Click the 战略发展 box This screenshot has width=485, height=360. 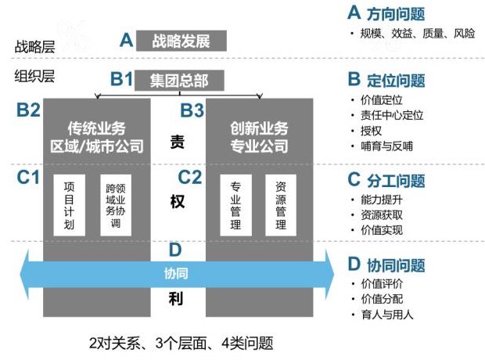181,40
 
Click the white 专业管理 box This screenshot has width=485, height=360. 235,206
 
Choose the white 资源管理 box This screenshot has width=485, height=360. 281,206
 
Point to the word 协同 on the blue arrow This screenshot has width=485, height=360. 175,274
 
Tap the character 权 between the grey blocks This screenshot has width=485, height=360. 176,201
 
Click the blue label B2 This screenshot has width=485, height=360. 28,110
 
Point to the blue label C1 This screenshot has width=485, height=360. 28,178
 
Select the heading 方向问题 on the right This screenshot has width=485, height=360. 396,13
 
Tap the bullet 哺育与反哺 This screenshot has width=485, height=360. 386,146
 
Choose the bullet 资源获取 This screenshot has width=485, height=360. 381,214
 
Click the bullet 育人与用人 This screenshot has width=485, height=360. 386,315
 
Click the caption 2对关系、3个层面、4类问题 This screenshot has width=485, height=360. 181,343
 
